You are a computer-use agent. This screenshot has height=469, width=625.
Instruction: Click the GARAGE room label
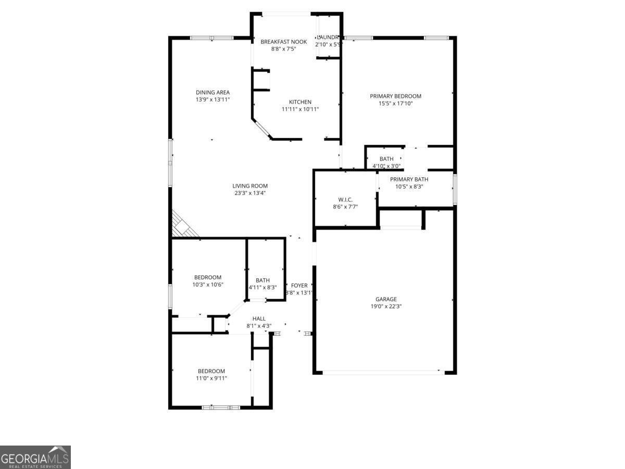click(x=386, y=299)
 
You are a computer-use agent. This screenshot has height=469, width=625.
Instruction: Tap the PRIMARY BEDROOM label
click(x=395, y=96)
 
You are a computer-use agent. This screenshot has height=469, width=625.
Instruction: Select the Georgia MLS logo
click(x=35, y=457)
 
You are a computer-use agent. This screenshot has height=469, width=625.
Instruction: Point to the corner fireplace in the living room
click(x=182, y=226)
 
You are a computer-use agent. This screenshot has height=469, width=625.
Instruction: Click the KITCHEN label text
click(x=300, y=102)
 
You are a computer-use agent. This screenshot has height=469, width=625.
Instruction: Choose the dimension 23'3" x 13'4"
click(x=250, y=193)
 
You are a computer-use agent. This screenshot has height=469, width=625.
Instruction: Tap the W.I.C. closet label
click(x=345, y=200)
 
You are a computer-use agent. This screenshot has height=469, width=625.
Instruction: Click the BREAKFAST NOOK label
click(x=283, y=42)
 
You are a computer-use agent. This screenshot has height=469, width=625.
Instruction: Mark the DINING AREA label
click(x=213, y=93)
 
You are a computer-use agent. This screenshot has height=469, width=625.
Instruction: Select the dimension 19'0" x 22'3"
click(x=386, y=306)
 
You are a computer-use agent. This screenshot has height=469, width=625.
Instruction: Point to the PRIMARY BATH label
click(x=409, y=179)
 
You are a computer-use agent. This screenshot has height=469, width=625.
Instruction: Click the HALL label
click(x=259, y=319)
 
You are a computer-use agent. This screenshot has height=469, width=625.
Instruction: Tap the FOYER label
click(x=299, y=286)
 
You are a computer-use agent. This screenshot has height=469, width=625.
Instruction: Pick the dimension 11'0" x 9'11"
click(x=211, y=378)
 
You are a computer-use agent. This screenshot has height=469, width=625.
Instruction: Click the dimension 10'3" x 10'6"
click(x=208, y=285)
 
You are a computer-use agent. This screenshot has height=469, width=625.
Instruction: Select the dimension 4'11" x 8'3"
click(x=262, y=287)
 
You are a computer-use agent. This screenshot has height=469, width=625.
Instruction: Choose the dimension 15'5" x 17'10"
click(x=395, y=103)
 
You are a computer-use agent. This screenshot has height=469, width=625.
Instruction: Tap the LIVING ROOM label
click(x=250, y=186)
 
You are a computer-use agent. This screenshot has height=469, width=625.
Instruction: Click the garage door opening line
click(x=380, y=372)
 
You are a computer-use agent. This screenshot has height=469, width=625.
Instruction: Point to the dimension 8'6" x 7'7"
click(x=345, y=207)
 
